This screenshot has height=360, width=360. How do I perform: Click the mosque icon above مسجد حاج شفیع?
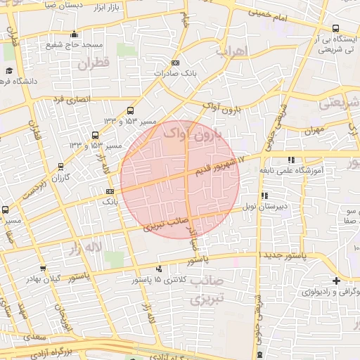point(75,34)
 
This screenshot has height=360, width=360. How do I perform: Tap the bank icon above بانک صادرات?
point(175,63)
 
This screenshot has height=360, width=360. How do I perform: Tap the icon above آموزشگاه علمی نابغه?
point(291,160)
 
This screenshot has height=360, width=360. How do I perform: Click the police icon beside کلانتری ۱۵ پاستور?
point(159,269)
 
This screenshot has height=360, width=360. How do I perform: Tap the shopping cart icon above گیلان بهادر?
point(44,268)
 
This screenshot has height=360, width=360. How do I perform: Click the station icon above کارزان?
point(61,167)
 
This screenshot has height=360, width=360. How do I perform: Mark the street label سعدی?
point(34,337)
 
